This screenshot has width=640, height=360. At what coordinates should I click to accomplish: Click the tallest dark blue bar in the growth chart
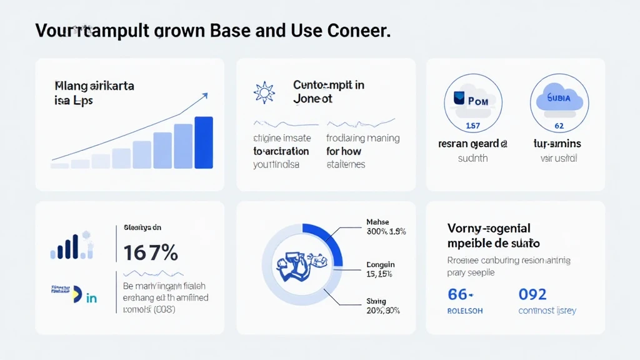pyautogui.click(x=204, y=142)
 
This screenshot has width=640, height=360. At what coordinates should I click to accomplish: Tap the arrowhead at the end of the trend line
pyautogui.click(x=204, y=96)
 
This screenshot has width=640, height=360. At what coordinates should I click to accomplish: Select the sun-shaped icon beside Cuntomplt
pyautogui.click(x=264, y=92)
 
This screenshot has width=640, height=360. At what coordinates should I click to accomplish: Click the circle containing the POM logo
pyautogui.click(x=473, y=101)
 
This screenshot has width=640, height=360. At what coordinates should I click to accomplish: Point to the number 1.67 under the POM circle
pyautogui.click(x=473, y=126)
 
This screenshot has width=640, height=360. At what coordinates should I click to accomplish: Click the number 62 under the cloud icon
pyautogui.click(x=559, y=126)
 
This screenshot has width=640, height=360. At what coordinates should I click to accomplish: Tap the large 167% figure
pyautogui.click(x=151, y=253)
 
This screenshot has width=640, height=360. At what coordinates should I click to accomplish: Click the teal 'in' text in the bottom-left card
pyautogui.click(x=91, y=298)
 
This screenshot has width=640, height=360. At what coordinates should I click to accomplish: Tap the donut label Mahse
pyautogui.click(x=377, y=222)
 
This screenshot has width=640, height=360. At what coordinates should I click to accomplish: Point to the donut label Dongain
pyautogui.click(x=380, y=265)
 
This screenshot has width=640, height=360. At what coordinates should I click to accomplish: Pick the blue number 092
pyautogui.click(x=532, y=294)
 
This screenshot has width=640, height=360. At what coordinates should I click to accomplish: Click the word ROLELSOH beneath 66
pyautogui.click(x=465, y=311)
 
